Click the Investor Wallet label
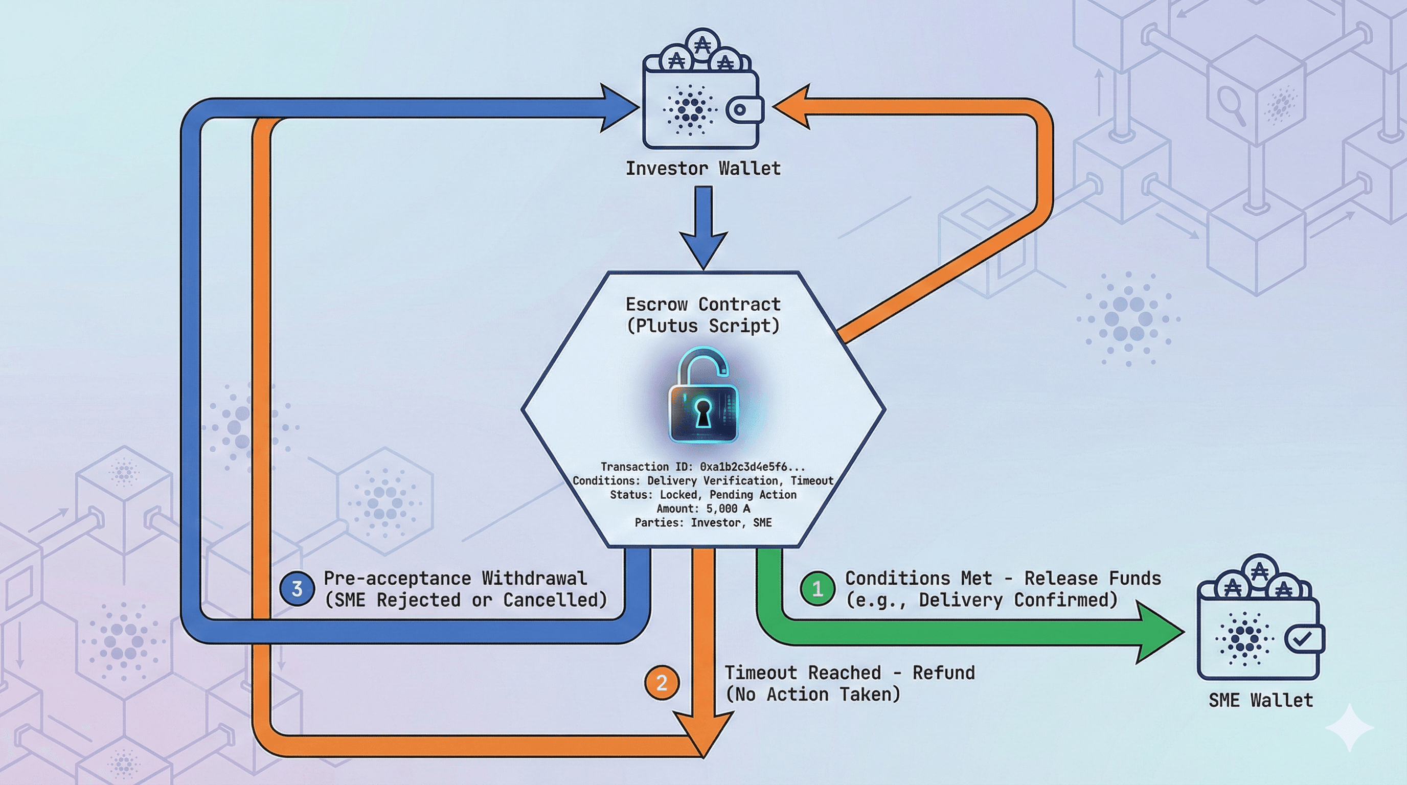pyautogui.click(x=703, y=168)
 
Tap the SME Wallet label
pyautogui.click(x=1260, y=700)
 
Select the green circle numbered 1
pyautogui.click(x=817, y=588)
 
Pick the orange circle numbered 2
pyautogui.click(x=662, y=682)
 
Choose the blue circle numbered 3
pyautogui.click(x=297, y=588)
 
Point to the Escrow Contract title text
pyautogui.click(x=703, y=304)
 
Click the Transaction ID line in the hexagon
pyautogui.click(x=702, y=467)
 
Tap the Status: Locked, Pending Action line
pyautogui.click(x=703, y=495)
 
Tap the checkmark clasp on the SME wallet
pyautogui.click(x=1304, y=639)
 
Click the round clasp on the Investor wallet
pyautogui.click(x=741, y=109)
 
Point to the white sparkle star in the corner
pyautogui.click(x=1349, y=728)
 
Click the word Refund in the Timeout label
pyautogui.click(x=943, y=673)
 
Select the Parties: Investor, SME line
pyautogui.click(x=703, y=523)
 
